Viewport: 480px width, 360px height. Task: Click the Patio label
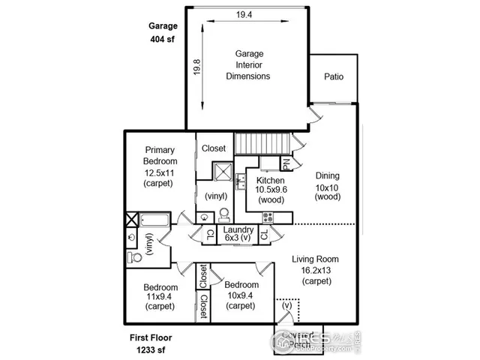334,76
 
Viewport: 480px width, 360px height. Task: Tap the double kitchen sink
241,181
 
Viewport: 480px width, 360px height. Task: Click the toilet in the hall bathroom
136,256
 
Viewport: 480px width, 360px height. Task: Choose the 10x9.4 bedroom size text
241,295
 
